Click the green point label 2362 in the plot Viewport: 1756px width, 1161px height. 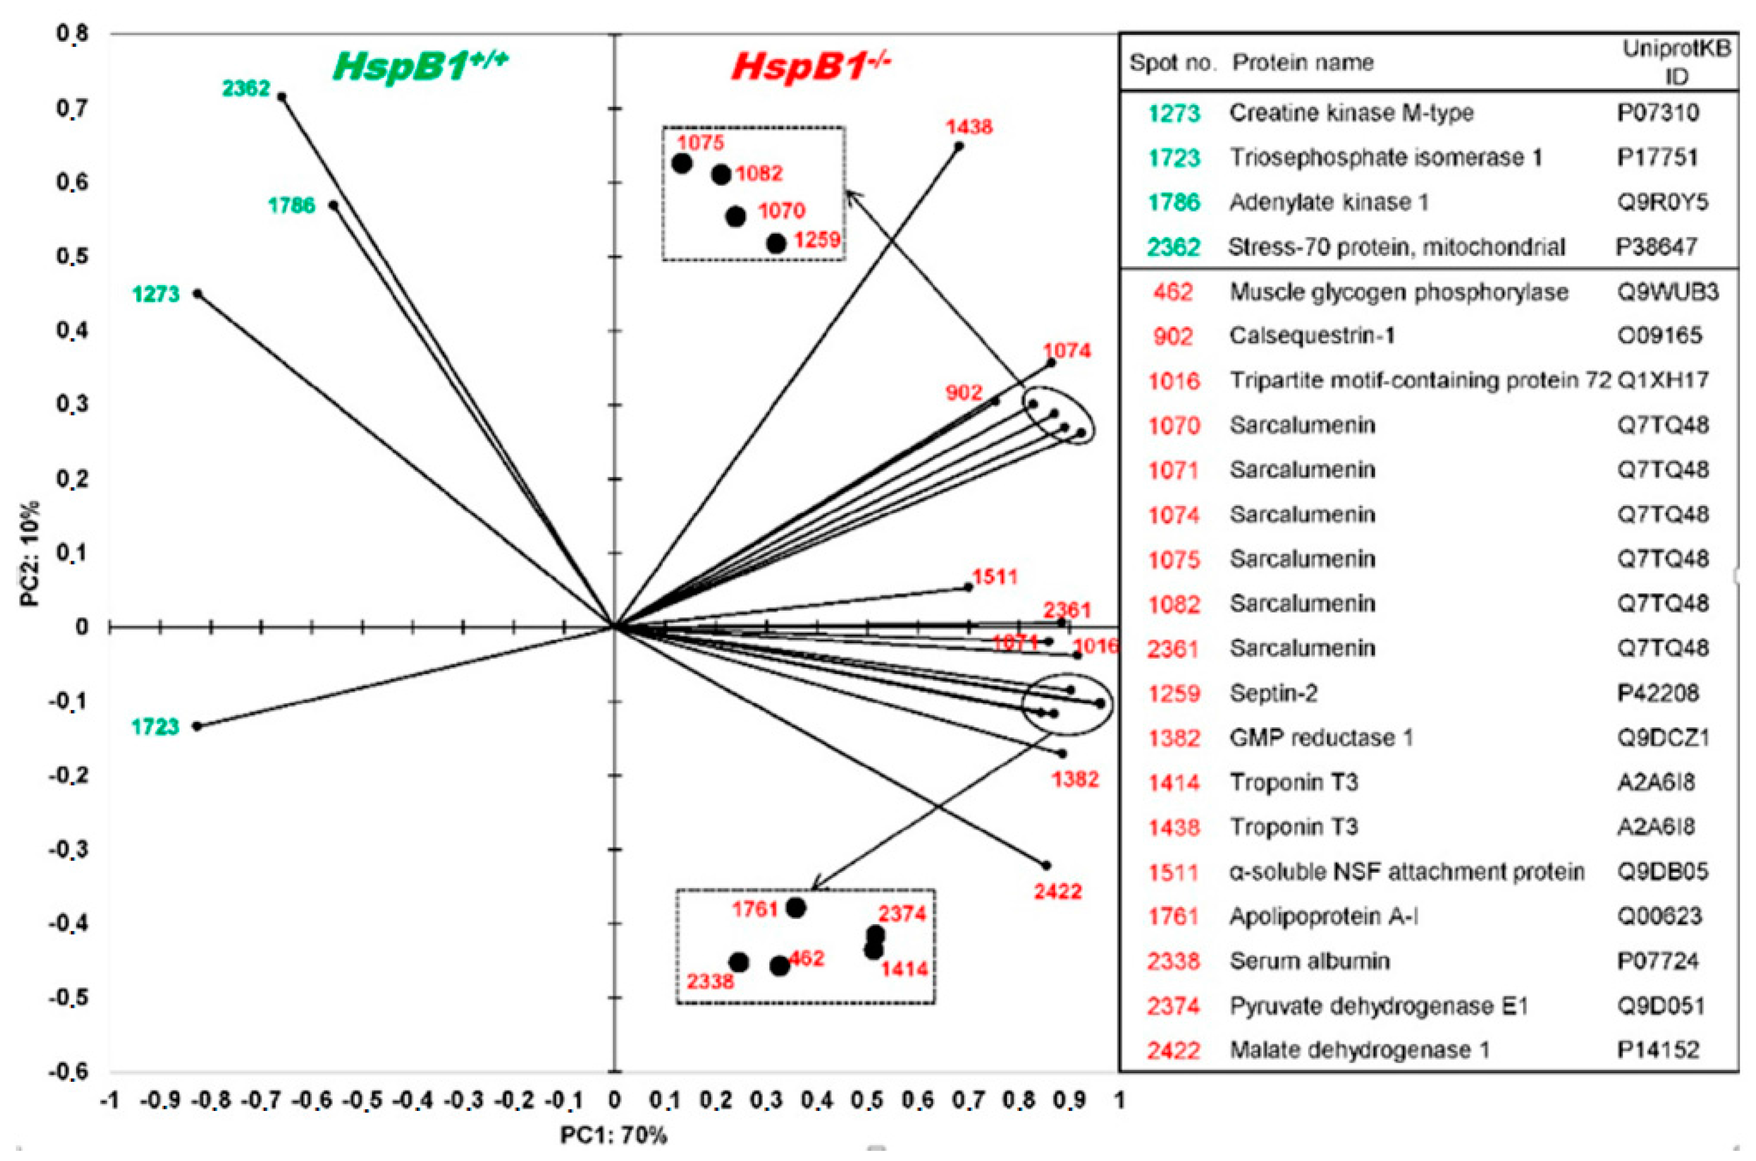coord(246,89)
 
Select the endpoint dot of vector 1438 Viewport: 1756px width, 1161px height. coord(958,146)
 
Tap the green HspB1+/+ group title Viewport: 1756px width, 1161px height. coord(421,66)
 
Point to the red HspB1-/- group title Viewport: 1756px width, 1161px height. coord(811,66)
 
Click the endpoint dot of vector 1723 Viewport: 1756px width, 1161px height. coord(197,726)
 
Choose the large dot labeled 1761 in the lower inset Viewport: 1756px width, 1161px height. coord(796,908)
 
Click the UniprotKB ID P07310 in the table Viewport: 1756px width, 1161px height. coord(1658,113)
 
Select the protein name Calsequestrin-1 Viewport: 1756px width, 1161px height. coord(1312,336)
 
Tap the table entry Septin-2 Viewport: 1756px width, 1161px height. coord(1274,694)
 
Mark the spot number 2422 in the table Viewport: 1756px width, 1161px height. coord(1174,1050)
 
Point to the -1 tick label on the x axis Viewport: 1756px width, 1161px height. coord(110,1101)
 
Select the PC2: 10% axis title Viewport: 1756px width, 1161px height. coord(30,554)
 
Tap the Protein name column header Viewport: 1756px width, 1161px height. coord(1303,63)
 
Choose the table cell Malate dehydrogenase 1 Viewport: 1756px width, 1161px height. coord(1360,1050)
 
